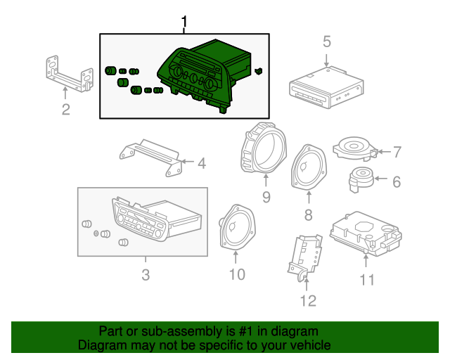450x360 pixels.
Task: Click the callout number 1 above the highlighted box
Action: pyautogui.click(x=185, y=23)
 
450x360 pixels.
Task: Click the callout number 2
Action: pyautogui.click(x=65, y=109)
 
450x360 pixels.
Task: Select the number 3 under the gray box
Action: pyautogui.click(x=146, y=275)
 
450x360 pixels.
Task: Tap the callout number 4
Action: pyautogui.click(x=201, y=164)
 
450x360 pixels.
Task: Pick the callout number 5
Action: pyautogui.click(x=327, y=41)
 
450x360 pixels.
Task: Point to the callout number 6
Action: pyautogui.click(x=396, y=182)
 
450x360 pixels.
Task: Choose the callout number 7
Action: pyautogui.click(x=397, y=151)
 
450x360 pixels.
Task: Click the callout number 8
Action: pyautogui.click(x=308, y=214)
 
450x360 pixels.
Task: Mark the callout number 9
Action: pyautogui.click(x=266, y=198)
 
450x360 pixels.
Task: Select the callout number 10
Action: pyautogui.click(x=237, y=274)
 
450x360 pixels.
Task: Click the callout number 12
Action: pyautogui.click(x=308, y=301)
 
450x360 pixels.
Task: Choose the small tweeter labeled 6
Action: pyautogui.click(x=363, y=179)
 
